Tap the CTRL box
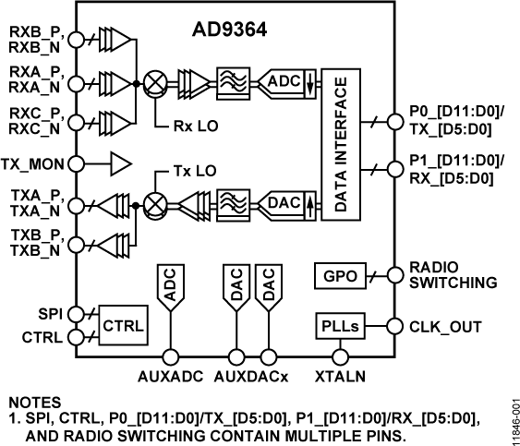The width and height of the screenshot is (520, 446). (122, 326)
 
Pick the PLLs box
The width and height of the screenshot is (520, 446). (338, 326)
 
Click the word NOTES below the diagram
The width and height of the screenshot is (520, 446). (34, 404)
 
